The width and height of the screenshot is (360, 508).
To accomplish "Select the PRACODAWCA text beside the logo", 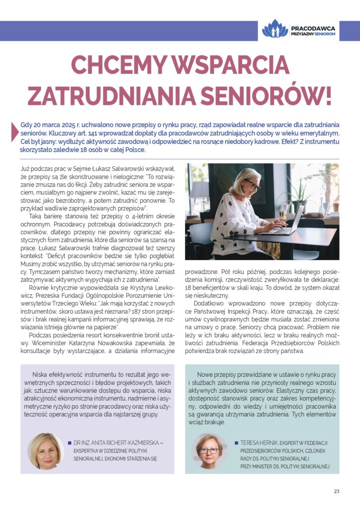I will (314, 29).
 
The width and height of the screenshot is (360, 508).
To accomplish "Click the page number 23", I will (336, 491).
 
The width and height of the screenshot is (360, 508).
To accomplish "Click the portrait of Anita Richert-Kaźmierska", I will (45, 450).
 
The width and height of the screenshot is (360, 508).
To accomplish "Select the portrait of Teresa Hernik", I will (209, 450).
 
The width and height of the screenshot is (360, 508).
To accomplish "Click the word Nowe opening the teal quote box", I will (207, 375).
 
